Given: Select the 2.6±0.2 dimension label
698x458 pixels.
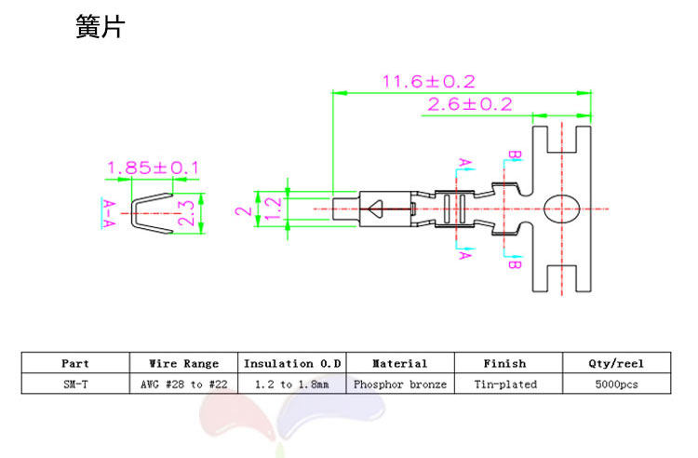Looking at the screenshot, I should [469, 104].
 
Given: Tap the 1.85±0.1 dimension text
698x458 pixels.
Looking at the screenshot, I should [153, 168].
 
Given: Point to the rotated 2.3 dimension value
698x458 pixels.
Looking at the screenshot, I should [186, 213].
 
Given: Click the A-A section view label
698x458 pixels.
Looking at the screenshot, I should [109, 212].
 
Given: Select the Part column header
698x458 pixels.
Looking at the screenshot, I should [75, 364].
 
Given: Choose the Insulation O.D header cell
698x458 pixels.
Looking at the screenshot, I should [292, 364].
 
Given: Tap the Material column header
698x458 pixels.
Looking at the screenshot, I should [399, 364].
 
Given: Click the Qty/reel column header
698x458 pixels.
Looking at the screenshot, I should [616, 364].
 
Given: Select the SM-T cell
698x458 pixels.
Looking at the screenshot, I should [75, 384].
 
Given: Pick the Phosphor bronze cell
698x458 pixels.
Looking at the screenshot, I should [399, 384].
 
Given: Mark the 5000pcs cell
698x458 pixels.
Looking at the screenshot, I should [616, 384].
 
